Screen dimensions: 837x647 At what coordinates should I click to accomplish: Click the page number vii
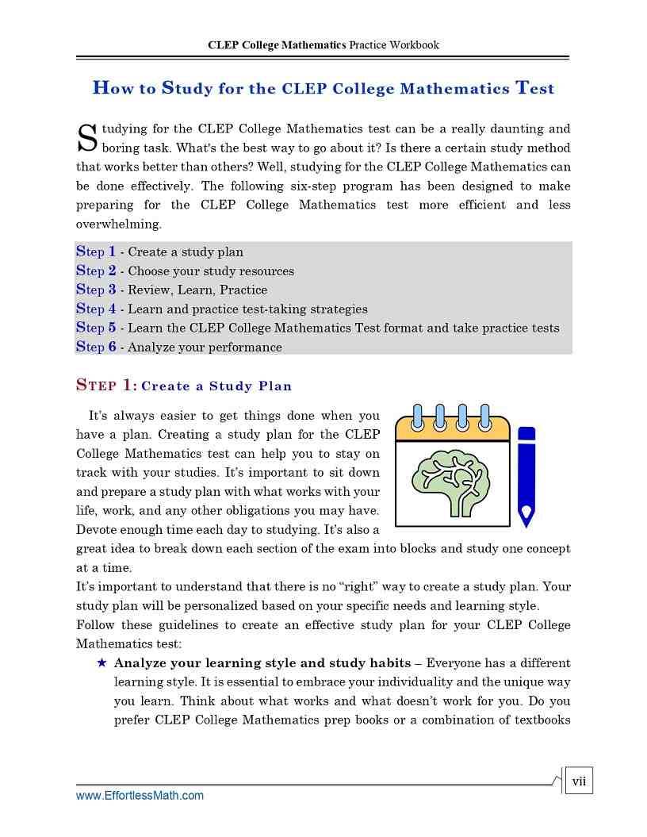[x=579, y=781]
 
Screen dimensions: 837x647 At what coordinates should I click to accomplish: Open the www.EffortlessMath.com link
[x=140, y=795]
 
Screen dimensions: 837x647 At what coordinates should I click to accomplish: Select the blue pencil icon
[x=526, y=477]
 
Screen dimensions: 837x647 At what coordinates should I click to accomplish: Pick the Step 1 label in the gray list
[x=96, y=251]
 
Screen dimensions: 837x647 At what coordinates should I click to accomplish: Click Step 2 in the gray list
[x=96, y=271]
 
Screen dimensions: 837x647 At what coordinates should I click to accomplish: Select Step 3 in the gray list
[x=96, y=290]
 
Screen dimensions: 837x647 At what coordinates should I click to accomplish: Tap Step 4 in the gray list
[x=96, y=309]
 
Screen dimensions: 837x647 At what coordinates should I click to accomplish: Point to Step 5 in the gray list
[x=96, y=328]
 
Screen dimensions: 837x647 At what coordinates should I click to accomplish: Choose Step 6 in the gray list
[x=96, y=347]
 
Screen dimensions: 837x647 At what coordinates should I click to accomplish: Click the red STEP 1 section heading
[x=106, y=386]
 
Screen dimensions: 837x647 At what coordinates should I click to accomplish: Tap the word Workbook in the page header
[x=411, y=45]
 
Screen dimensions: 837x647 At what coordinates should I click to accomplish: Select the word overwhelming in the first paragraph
[x=118, y=224]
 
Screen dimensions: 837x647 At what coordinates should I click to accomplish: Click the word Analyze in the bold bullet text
[x=140, y=663]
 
